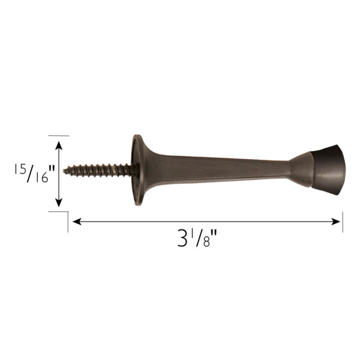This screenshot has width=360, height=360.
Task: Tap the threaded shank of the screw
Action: coord(99,169)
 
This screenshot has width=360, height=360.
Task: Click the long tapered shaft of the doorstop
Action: coord(216,167)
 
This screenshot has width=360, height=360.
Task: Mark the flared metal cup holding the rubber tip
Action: coord(300,169)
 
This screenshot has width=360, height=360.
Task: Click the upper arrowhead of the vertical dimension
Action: coord(58,143)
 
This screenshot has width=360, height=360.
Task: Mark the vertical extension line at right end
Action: coord(342,221)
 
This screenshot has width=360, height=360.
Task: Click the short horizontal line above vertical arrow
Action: coord(58,136)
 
